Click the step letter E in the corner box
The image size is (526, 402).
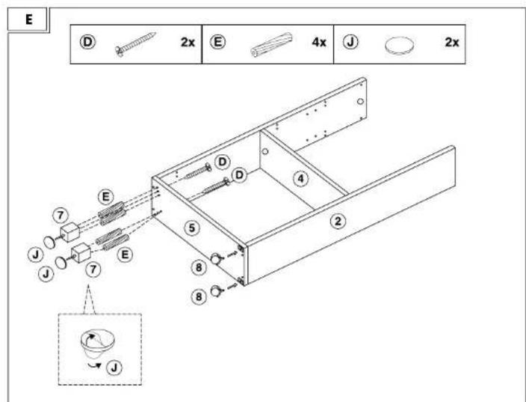tap(29, 19)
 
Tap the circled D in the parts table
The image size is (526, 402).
tap(87, 42)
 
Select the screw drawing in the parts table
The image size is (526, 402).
tap(135, 44)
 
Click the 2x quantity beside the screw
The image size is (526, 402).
tap(188, 43)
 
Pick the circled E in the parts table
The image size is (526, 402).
tap(217, 42)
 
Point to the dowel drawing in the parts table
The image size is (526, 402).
tap(271, 44)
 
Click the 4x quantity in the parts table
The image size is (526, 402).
tap(319, 43)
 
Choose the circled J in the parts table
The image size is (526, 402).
tap(350, 42)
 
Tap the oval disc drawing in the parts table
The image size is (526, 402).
tap(399, 45)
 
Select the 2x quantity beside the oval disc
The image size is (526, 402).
tap(452, 43)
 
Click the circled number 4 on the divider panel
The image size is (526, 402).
tap(301, 178)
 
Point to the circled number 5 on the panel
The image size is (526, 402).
tap(191, 228)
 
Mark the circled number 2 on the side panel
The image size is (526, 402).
tap(338, 221)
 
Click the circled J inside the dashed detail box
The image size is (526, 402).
tap(114, 368)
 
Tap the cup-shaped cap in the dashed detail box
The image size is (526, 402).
tap(97, 344)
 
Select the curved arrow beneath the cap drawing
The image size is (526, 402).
tap(94, 365)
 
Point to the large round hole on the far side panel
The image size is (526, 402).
tap(360, 101)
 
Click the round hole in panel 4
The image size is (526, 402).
tap(265, 151)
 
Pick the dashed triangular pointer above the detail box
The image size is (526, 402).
tap(89, 299)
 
